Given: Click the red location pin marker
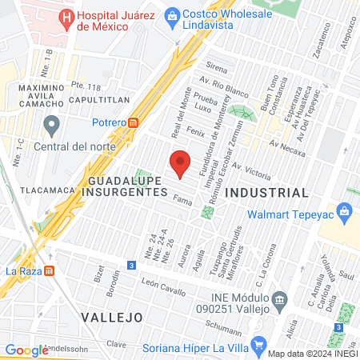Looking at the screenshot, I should (x=181, y=162).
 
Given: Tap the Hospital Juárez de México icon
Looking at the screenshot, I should (x=66, y=16).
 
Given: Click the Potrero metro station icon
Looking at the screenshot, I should (x=134, y=122).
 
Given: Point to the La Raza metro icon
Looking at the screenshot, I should (x=50, y=270).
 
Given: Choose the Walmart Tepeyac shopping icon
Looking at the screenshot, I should (x=346, y=213).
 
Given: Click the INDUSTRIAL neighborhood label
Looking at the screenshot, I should (x=266, y=193).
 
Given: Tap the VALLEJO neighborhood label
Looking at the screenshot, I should (x=112, y=318).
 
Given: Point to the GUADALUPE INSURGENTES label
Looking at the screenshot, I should (x=122, y=186).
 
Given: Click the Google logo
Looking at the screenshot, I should (x=26, y=350).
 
